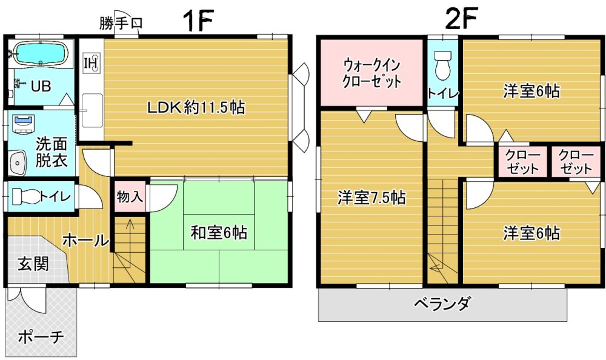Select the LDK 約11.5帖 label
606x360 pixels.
click(196, 107)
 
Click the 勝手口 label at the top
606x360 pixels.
click(121, 23)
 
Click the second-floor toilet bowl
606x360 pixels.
click(443, 65)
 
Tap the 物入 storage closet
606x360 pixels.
click(130, 197)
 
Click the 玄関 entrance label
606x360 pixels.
click(33, 264)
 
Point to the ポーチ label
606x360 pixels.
click(41, 336)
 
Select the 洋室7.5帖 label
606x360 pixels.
click(371, 198)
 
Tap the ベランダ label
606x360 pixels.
click(442, 303)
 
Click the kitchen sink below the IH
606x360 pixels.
click(92, 110)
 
